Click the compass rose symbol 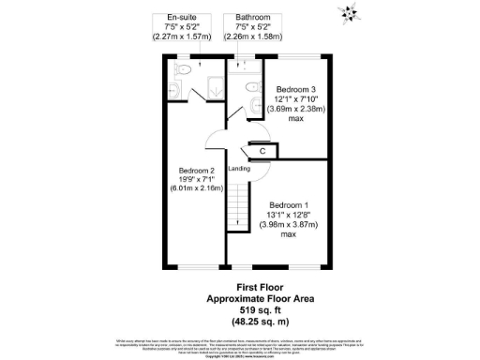[350, 12]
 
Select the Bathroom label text [253, 17]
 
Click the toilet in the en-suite [185, 69]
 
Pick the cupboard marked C [262, 150]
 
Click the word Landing [239, 169]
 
